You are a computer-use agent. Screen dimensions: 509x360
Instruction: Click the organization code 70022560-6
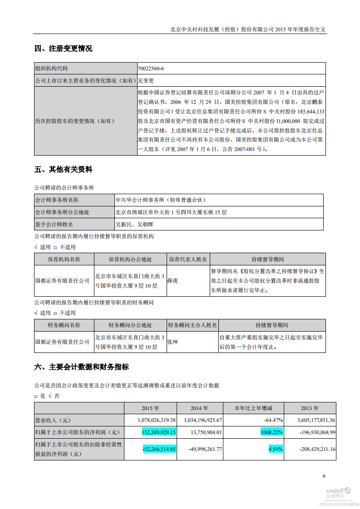point(151,69)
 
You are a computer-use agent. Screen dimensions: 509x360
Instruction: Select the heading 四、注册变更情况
point(63,49)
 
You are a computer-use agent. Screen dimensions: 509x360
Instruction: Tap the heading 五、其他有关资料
point(63,170)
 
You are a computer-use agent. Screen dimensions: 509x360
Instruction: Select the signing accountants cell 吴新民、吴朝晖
point(135,225)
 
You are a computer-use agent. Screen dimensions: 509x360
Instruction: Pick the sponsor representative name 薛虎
point(173,281)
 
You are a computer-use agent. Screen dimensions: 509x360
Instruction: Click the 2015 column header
point(151,408)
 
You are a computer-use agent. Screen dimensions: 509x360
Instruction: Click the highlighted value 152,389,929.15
point(159,432)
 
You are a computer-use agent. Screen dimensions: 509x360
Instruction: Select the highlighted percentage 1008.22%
point(271,432)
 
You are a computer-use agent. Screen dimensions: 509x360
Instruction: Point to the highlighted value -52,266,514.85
point(159,449)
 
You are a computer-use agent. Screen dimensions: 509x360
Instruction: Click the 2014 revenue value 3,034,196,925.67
point(200,420)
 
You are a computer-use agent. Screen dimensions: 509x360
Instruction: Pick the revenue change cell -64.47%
point(274,420)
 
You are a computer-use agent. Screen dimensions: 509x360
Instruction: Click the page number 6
point(324,476)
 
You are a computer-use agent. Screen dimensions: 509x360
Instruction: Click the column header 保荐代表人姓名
point(188,259)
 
